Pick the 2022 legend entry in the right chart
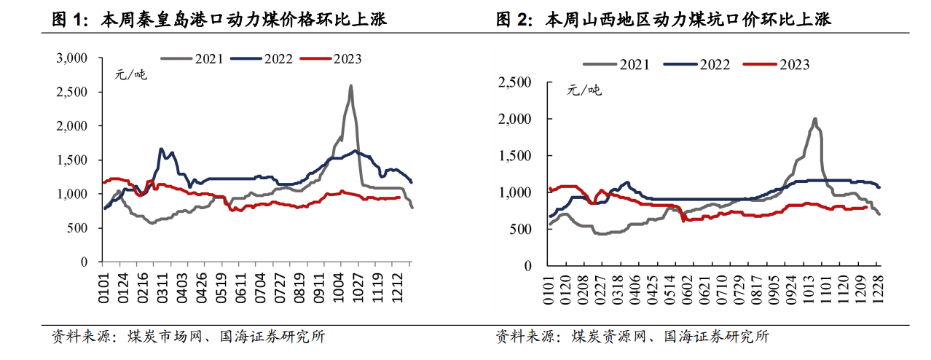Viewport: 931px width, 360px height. pyautogui.click(x=715, y=65)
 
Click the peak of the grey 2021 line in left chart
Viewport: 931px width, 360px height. pyautogui.click(x=351, y=85)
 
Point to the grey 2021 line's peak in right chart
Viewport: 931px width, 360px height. pyautogui.click(x=814, y=119)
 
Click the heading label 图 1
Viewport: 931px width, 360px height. pyautogui.click(x=69, y=20)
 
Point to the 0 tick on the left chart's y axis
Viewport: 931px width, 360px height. pyautogui.click(x=85, y=262)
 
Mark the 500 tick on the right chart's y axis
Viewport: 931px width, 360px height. pyautogui.click(x=523, y=229)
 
